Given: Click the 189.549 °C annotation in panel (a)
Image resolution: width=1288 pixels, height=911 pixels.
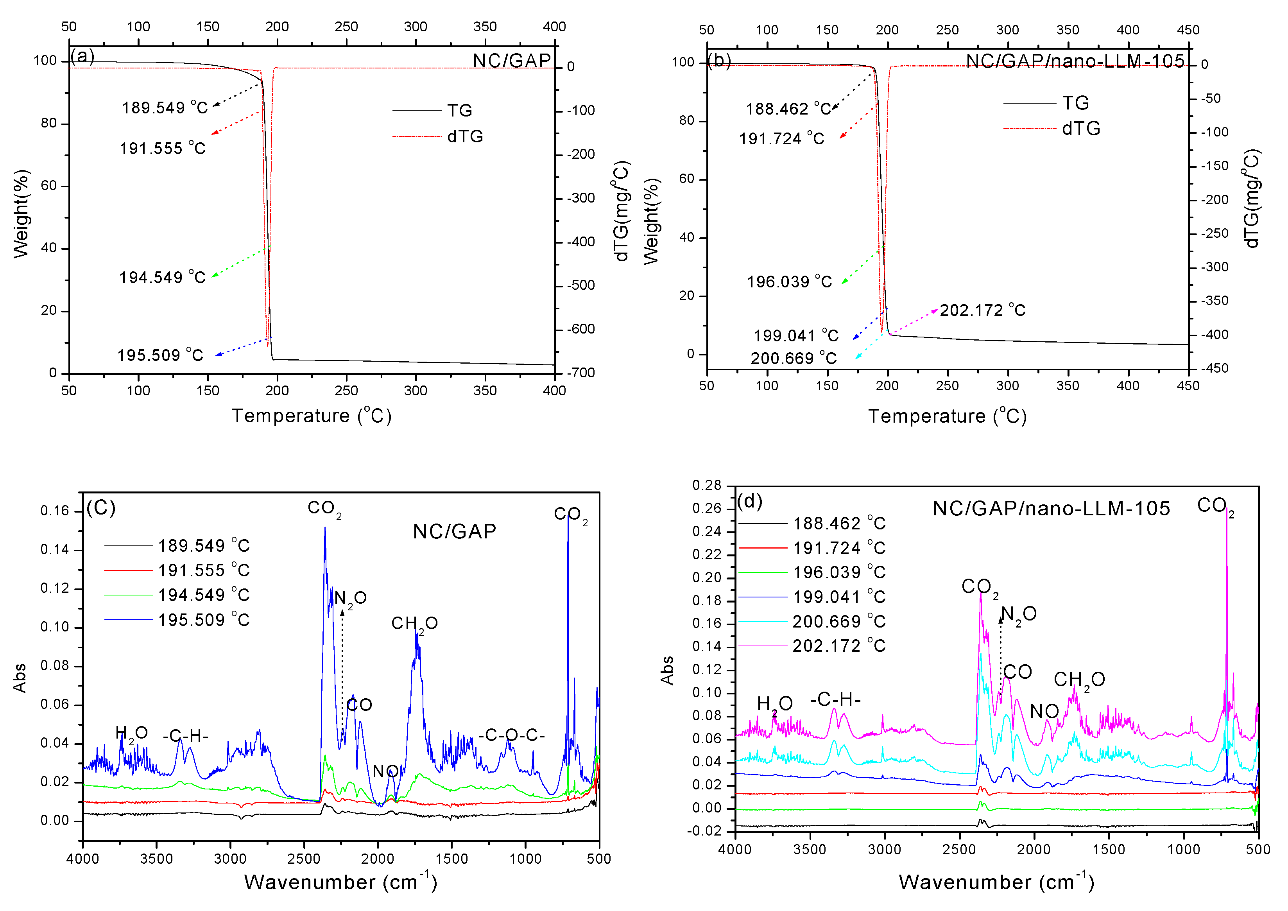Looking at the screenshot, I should (165, 107).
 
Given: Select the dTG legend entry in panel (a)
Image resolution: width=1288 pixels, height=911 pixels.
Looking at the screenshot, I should (464, 136).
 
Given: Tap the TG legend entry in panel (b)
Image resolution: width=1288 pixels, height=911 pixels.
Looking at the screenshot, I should (1075, 103).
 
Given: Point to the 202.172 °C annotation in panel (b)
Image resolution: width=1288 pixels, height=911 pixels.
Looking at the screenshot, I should (982, 310).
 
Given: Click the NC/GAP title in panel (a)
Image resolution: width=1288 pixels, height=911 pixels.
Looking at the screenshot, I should (512, 61).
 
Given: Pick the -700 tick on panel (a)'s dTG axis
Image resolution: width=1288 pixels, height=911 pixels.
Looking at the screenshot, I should (580, 373).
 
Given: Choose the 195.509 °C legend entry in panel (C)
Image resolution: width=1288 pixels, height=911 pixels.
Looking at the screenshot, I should (203, 620).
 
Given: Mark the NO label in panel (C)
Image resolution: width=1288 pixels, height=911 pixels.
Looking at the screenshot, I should (385, 771).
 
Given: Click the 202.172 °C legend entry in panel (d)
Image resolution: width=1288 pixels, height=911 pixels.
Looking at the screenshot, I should (838, 646).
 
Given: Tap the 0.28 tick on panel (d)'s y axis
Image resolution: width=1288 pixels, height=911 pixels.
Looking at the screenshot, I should (706, 485).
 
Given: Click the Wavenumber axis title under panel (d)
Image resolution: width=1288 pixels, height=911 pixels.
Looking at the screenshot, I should (996, 882).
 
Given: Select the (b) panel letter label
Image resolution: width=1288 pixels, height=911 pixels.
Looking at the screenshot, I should (719, 60).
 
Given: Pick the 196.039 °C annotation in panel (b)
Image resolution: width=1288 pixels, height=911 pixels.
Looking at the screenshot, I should (789, 282).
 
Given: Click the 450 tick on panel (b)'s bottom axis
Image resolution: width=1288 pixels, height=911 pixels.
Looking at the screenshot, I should (1188, 386).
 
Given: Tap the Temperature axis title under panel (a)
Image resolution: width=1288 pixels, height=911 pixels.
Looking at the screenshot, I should (311, 416).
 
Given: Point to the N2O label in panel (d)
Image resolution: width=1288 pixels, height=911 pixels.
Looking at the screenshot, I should (1018, 614).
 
